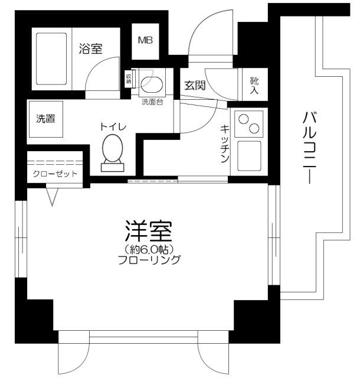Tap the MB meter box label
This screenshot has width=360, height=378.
pos(145,41)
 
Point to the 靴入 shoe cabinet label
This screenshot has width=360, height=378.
pos(254,86)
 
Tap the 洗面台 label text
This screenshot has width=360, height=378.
pos(152,101)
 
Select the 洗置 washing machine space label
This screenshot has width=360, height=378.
pos(46,118)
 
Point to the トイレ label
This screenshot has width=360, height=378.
pos(112,126)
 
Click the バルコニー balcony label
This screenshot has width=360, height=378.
pos(309,148)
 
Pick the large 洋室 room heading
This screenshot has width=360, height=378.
pos(148,231)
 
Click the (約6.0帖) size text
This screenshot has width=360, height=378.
pos(148,249)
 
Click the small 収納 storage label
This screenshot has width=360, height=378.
pos(129,79)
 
